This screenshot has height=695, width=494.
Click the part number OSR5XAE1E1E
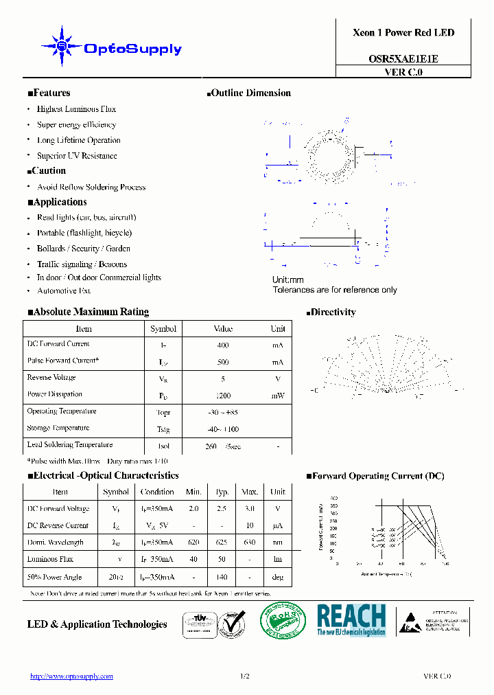[403, 59]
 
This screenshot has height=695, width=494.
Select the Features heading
[49, 93]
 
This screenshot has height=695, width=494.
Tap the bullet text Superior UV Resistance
[77, 156]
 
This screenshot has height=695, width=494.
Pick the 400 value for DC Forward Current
[222, 345]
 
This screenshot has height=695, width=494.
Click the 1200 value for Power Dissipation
[223, 396]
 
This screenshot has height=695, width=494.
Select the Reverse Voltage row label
[51, 378]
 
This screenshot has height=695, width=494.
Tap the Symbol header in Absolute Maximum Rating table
[163, 329]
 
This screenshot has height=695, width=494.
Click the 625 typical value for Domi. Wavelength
[222, 543]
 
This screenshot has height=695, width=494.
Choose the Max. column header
[249, 492]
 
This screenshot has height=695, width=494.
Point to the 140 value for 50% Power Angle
[222, 577]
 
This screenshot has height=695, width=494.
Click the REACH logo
[351, 619]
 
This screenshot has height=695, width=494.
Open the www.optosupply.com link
[71, 676]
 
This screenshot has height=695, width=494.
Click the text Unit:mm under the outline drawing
[288, 280]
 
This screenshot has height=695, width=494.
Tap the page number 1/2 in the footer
[245, 676]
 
